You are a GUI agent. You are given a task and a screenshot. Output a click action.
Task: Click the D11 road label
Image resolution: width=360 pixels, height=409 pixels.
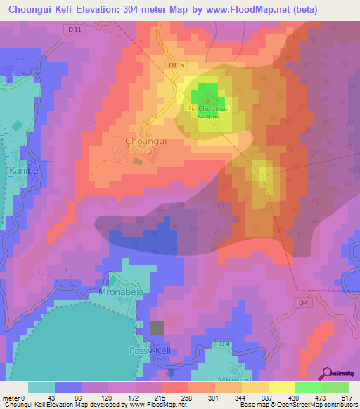point(77,29)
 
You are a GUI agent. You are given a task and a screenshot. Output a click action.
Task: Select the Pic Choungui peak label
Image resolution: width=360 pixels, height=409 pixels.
point(206,109)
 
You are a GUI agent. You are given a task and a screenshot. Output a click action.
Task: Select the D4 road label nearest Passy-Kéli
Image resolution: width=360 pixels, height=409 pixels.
point(224,344)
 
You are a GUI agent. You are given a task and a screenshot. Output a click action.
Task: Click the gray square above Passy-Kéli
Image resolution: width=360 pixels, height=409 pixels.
point(157,327)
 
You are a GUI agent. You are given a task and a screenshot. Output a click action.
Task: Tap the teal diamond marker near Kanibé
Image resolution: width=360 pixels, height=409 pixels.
point(17,126)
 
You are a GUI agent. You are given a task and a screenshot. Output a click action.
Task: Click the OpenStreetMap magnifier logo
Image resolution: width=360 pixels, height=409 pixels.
point(327,373)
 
